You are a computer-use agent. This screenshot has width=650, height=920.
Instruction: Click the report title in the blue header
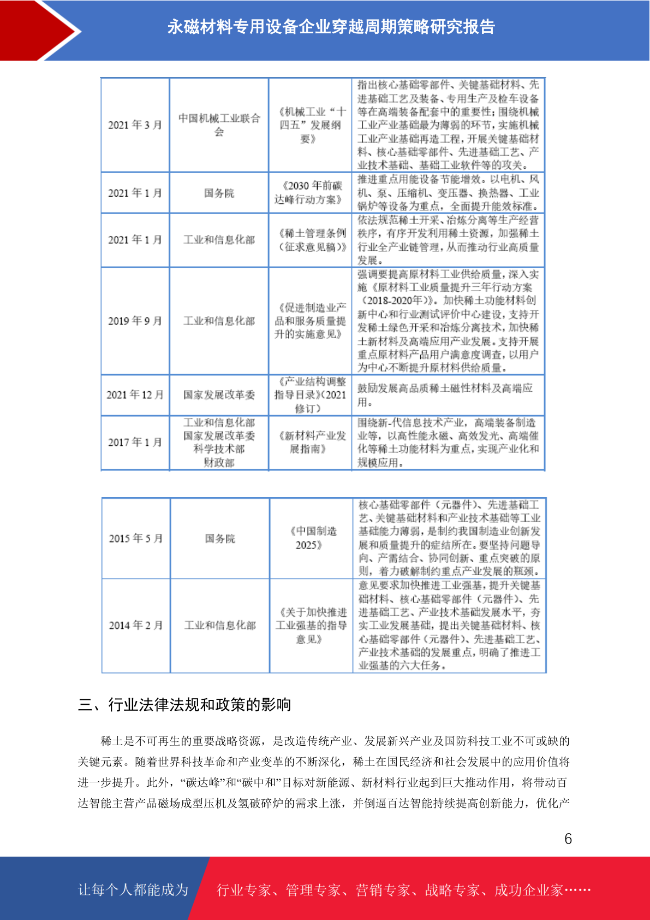[x=331, y=27]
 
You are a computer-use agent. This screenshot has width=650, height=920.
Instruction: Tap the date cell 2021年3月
[x=135, y=125]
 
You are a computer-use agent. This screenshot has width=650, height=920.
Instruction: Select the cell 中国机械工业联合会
[x=219, y=125]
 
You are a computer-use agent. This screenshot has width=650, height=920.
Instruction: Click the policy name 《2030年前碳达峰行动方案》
[x=308, y=193]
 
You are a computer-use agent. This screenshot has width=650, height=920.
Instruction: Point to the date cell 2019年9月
[x=135, y=321]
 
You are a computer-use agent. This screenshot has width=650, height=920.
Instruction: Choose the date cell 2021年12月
[x=135, y=394]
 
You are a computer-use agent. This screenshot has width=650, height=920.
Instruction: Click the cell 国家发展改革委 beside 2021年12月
[x=219, y=394]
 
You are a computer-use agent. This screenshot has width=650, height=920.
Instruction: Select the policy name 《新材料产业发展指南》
[x=309, y=442]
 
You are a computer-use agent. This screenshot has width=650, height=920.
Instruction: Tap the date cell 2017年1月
[x=135, y=442]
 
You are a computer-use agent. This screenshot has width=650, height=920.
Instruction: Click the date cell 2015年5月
[x=136, y=538]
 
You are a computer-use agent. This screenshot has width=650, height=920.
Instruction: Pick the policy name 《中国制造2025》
[x=309, y=538]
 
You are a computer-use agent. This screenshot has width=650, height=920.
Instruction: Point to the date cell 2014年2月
[x=136, y=625]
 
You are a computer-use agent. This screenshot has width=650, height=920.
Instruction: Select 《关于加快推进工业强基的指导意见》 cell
[x=311, y=625]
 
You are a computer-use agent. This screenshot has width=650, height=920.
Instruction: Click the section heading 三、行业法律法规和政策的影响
[x=184, y=705]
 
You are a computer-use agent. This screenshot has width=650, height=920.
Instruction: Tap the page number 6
[x=568, y=839]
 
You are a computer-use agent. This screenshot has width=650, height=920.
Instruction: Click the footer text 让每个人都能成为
[x=133, y=890]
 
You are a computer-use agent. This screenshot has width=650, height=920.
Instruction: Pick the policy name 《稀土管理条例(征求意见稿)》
[x=309, y=240]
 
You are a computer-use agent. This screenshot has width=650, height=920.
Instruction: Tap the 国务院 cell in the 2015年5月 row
[x=220, y=538]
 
